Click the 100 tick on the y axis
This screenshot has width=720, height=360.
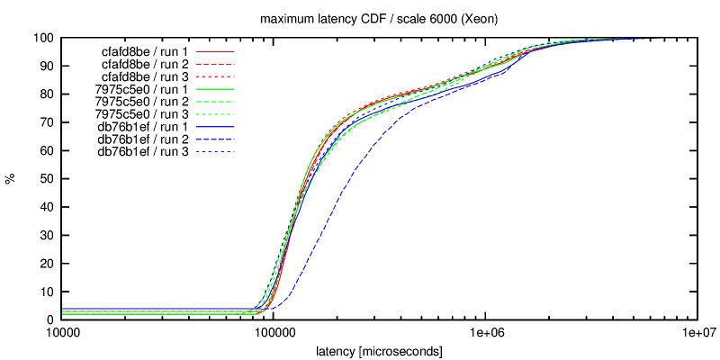tap(43, 39)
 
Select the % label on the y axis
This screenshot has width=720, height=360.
tap(12, 179)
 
